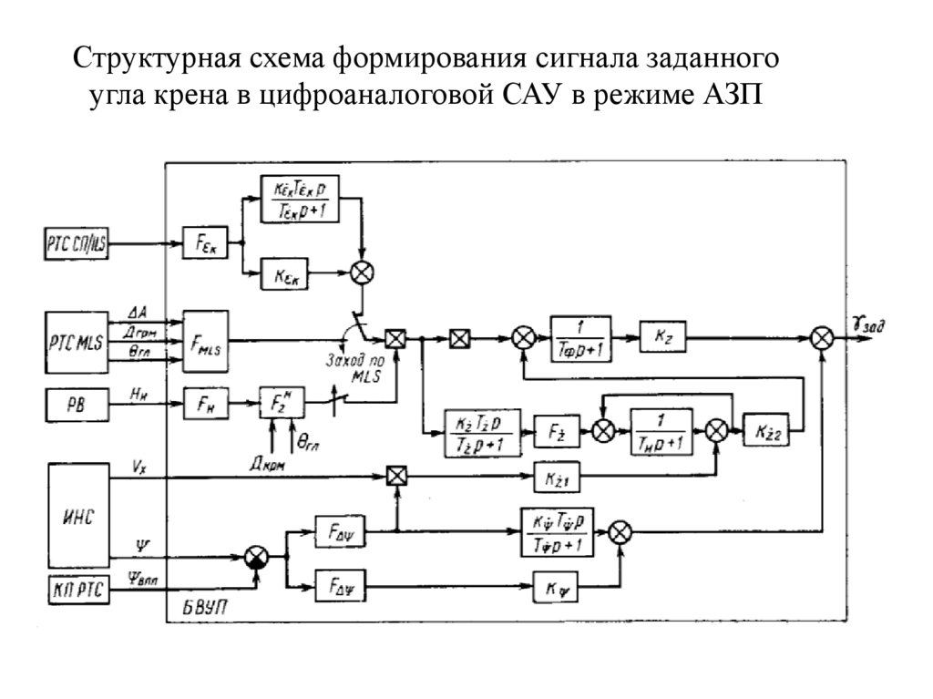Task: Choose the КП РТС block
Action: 76,590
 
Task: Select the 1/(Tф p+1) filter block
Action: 580,337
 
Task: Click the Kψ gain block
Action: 556,590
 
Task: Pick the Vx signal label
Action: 138,464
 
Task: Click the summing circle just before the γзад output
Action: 822,337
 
